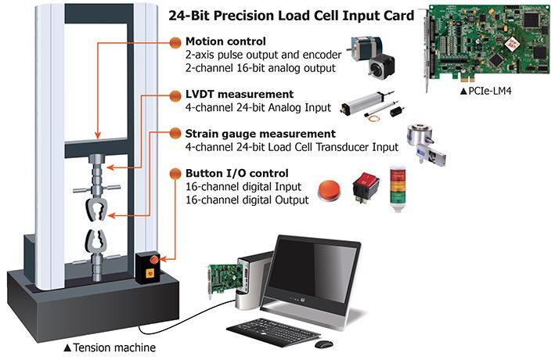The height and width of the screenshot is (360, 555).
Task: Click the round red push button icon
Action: click(330, 189)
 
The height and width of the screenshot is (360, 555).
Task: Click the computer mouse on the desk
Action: click(323, 344)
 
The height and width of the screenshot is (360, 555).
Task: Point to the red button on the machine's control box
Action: click(154, 259)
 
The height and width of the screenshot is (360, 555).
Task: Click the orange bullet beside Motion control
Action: click(177, 42)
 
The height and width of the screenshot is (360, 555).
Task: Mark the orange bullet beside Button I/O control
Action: click(177, 174)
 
